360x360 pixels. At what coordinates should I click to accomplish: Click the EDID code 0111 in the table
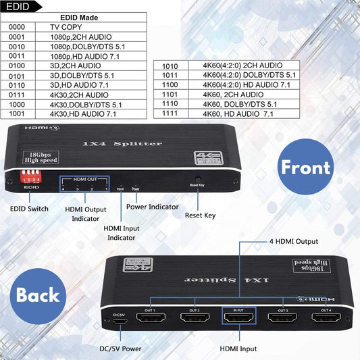(x=18, y=95)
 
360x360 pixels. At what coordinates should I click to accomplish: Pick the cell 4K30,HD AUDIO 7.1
(x=83, y=114)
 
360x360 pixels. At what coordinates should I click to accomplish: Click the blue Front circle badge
(x=305, y=167)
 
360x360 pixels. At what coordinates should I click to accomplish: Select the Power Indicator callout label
(x=152, y=207)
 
